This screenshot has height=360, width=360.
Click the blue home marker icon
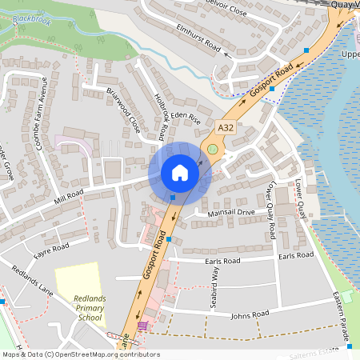(x=179, y=173)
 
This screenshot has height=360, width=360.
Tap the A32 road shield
(x=226, y=126)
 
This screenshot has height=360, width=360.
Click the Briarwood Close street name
(x=123, y=110)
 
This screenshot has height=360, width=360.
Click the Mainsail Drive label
(x=230, y=213)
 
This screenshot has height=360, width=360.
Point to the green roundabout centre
(x=212, y=149)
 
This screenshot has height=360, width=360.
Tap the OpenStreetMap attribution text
(x=80, y=354)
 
